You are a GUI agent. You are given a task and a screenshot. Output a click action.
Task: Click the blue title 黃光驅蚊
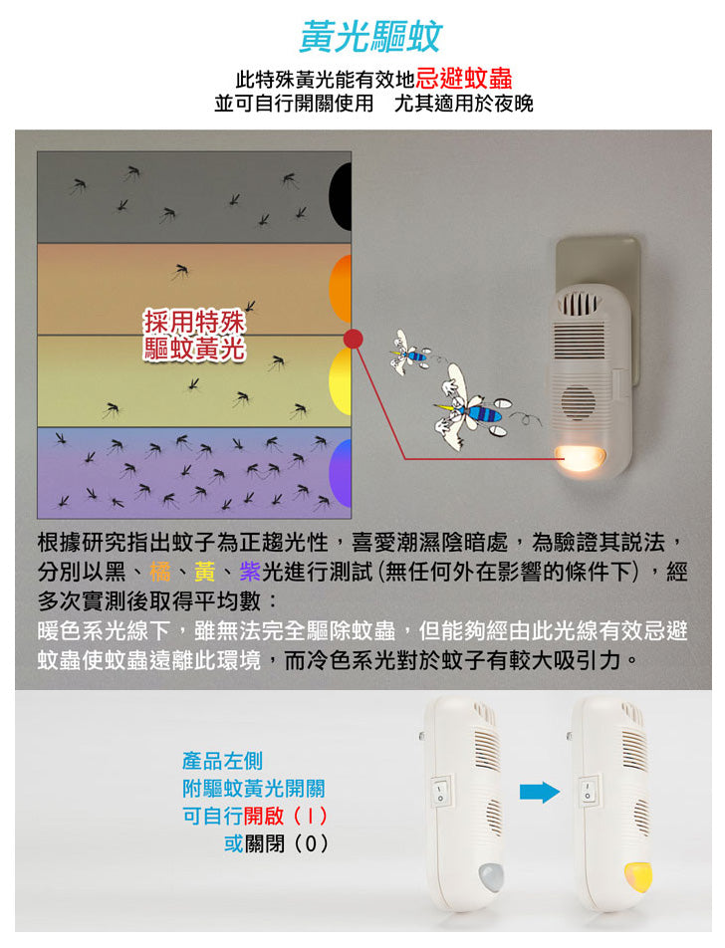[370, 37]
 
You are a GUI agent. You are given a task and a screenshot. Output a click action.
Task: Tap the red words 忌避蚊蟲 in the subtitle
[464, 79]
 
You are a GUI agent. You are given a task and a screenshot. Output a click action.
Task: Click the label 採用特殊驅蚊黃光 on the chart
[195, 336]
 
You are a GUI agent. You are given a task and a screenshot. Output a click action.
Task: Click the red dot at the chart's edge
[352, 340]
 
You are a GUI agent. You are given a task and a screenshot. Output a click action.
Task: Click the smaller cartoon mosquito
[412, 352]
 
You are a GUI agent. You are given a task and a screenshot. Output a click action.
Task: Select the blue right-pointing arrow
[540, 792]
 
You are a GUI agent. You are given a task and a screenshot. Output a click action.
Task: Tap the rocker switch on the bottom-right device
[587, 791]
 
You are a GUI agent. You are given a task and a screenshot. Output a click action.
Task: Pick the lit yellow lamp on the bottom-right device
[637, 876]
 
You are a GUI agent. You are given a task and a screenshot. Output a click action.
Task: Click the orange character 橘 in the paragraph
[159, 573]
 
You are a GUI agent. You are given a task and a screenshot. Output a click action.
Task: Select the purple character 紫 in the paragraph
[250, 573]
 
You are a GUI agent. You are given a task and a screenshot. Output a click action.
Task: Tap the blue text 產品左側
[222, 762]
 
